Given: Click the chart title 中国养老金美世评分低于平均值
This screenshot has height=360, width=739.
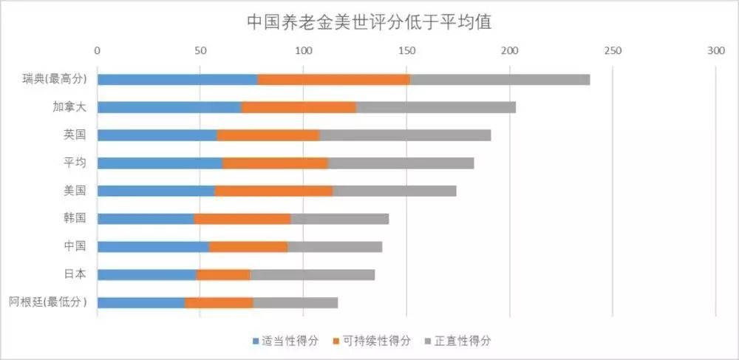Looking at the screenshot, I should tap(369, 21).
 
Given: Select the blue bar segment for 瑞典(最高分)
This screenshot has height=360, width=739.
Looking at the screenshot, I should tap(177, 79).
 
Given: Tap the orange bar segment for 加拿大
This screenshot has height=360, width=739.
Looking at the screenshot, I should tap(299, 107).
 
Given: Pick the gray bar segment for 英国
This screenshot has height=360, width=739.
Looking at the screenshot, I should tap(405, 135).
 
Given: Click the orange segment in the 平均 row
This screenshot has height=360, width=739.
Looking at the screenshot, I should tap(275, 163).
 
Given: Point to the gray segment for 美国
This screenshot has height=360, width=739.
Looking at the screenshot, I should tap(394, 191).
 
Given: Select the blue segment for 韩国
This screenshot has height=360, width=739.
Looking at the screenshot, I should tap(146, 219).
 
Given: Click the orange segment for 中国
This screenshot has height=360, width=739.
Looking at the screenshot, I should tap(248, 246).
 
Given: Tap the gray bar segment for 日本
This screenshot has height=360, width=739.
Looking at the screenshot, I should tap(312, 274).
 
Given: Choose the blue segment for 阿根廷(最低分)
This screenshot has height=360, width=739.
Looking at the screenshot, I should tap(141, 302).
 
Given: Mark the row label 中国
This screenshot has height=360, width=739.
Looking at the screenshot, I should tap(75, 246).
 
